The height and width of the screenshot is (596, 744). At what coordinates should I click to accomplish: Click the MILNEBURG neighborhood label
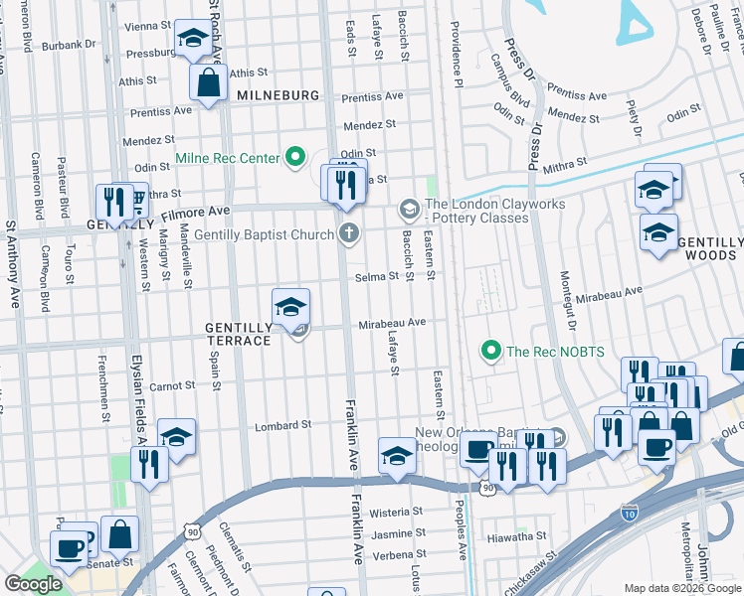tap(278, 94)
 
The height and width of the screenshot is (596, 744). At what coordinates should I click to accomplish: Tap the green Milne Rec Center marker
tap(295, 157)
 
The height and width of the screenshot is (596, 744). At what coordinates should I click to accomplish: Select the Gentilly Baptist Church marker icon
tap(348, 234)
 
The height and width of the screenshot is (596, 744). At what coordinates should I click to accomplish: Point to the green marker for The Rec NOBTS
tap(489, 351)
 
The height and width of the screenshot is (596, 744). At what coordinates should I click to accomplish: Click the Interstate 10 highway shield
tap(629, 512)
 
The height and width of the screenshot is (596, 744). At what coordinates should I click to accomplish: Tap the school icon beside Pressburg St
tap(191, 40)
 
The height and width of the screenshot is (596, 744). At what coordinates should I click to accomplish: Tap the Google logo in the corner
tap(34, 584)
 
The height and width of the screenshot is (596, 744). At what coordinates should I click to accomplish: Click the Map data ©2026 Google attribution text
tap(682, 588)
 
